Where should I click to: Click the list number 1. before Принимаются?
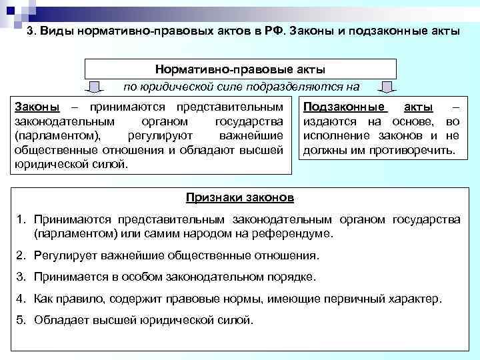[x=21, y=220]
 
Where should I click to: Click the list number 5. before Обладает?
[x=21, y=319]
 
